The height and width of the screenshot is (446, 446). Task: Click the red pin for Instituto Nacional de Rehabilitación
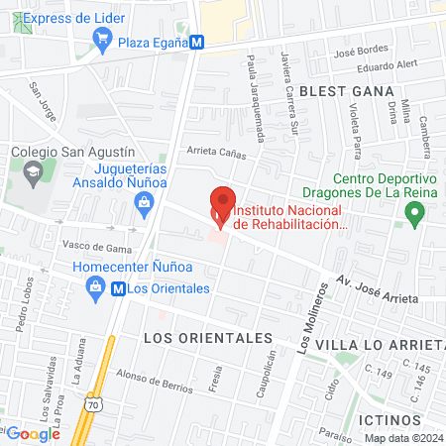[222, 204]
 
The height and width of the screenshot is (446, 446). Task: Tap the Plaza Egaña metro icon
[198, 42]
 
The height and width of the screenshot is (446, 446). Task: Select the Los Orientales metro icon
[118, 288]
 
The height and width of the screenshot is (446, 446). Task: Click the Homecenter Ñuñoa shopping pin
[96, 288]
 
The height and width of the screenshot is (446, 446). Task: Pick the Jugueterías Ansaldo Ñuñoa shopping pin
[145, 205]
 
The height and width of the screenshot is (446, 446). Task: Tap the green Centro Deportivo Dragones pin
[415, 211]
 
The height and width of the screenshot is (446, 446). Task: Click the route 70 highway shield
[91, 405]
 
